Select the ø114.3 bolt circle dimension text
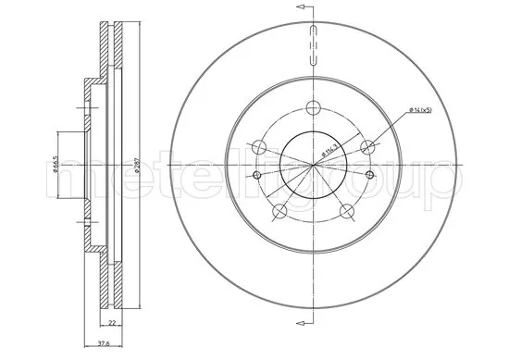click(327, 148)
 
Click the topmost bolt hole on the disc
click(315, 105)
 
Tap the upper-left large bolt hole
click(259, 145)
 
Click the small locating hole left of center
click(254, 174)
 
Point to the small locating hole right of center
click(375, 174)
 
